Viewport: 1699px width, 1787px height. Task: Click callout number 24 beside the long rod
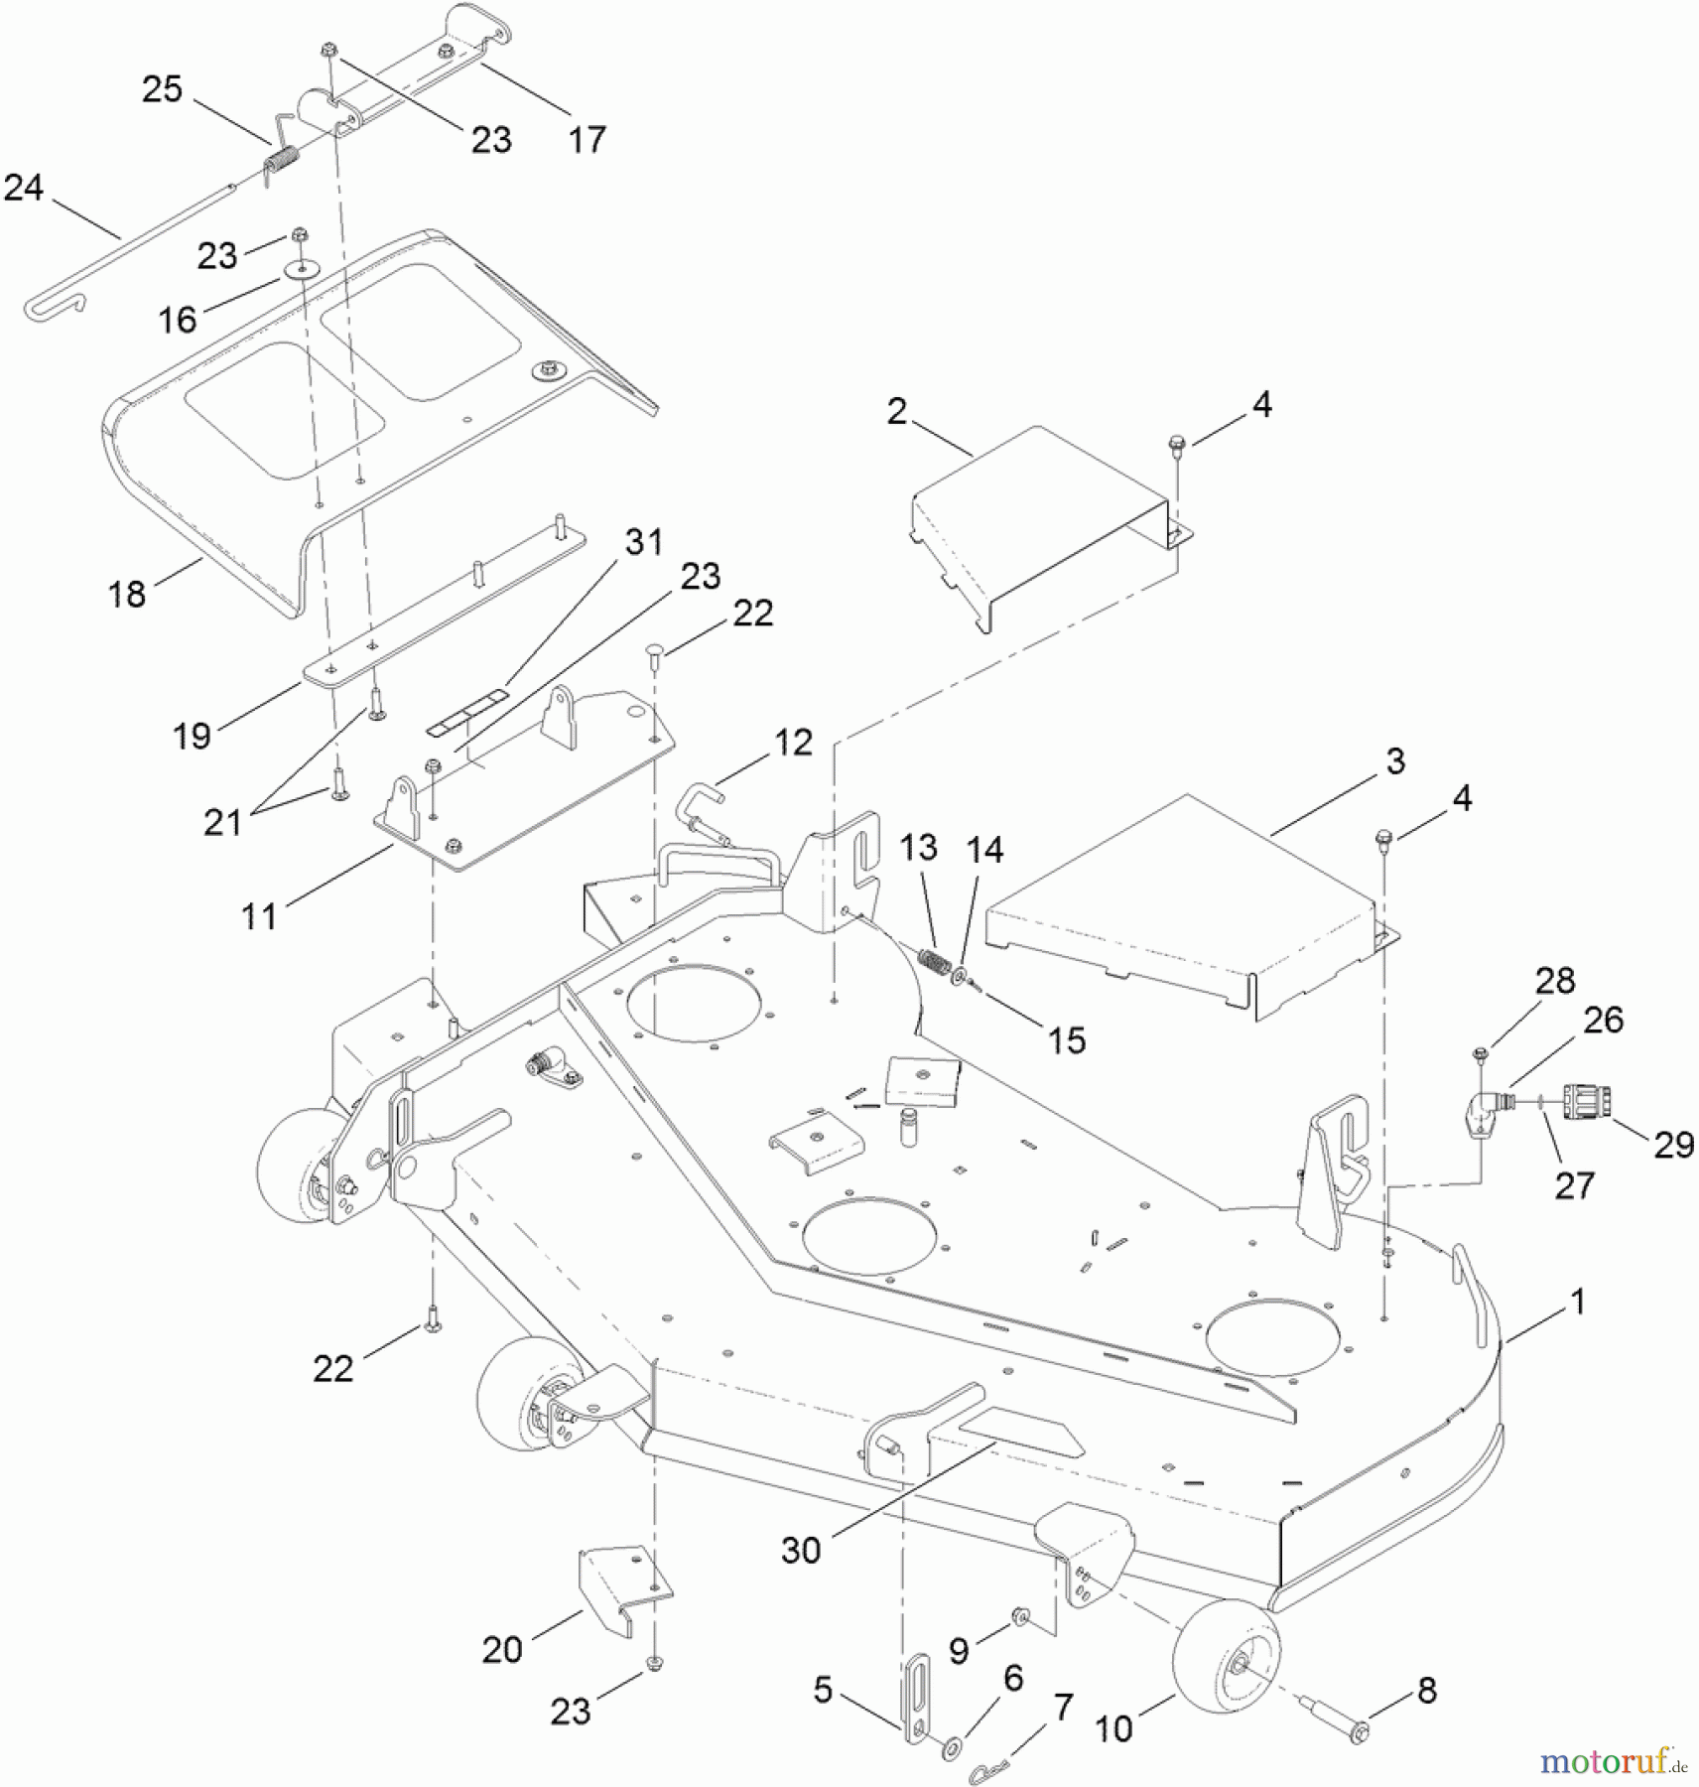[x=24, y=188]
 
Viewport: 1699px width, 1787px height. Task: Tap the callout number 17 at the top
[x=587, y=140]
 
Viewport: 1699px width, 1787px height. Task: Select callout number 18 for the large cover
[x=127, y=595]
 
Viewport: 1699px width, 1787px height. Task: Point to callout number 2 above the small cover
[x=897, y=411]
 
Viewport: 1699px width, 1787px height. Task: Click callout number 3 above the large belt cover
[x=1395, y=761]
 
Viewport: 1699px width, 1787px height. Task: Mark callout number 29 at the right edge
[x=1674, y=1145]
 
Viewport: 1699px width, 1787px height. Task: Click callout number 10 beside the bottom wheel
[x=1113, y=1728]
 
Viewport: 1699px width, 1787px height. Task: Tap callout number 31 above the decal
[x=644, y=542]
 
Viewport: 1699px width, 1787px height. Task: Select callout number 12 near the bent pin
[x=793, y=743]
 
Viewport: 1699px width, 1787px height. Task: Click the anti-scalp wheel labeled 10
[x=1227, y=1655]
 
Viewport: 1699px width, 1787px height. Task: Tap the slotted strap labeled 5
[x=916, y=1695]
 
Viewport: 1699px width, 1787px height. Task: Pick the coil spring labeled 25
[x=284, y=160]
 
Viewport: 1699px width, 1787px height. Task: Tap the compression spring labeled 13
[x=934, y=961]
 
